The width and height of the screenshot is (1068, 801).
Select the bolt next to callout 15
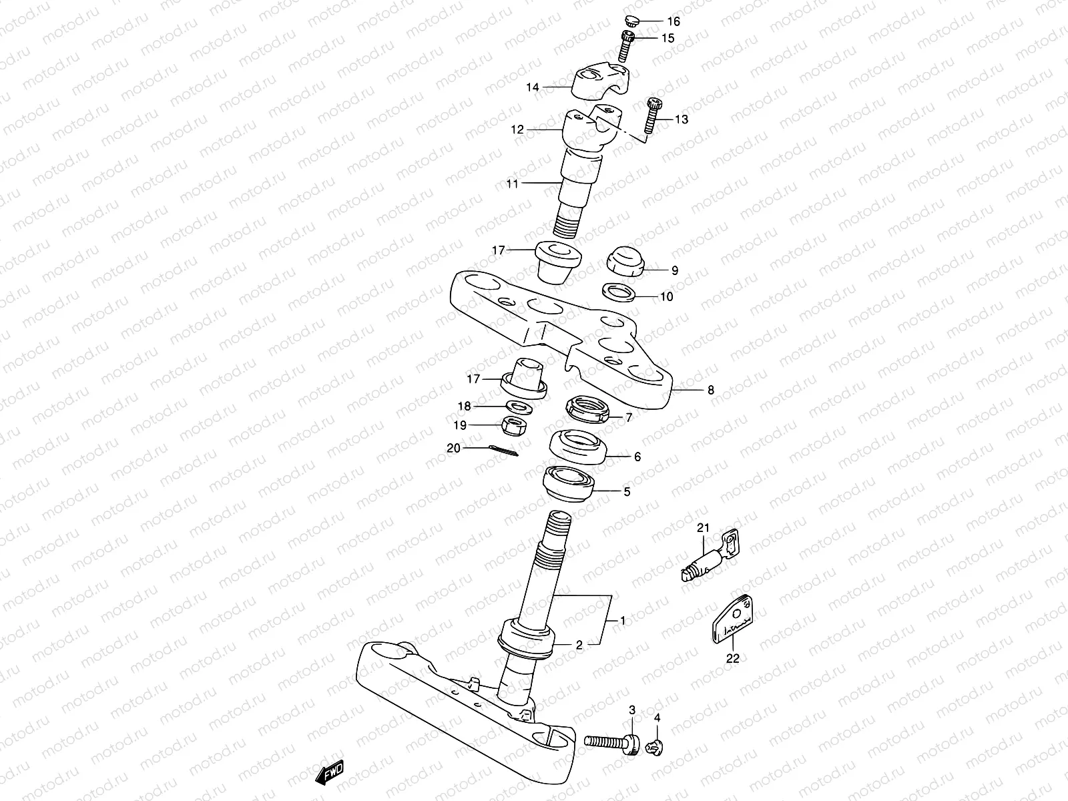coord(627,45)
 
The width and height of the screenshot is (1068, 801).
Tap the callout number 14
coord(532,87)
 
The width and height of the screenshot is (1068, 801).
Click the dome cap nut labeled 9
coord(625,260)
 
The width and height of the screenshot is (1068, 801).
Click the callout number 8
coord(710,390)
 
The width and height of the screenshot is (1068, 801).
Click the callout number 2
coord(579,645)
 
